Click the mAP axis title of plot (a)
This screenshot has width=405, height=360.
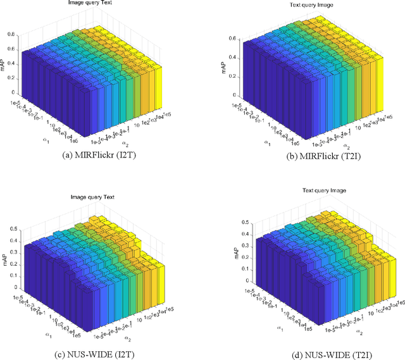(5, 63)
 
